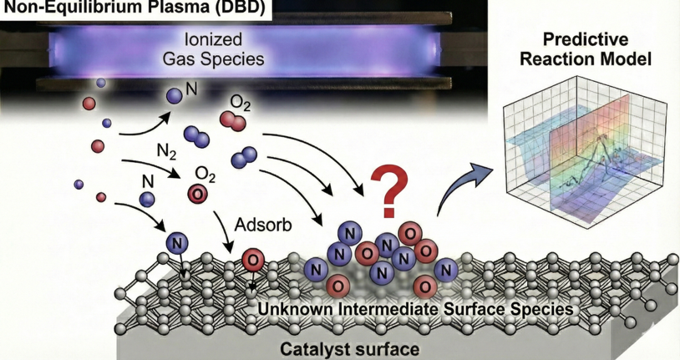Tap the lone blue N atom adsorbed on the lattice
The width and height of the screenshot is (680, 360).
[x=177, y=243]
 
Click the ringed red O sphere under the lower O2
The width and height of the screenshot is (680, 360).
[x=197, y=194]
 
